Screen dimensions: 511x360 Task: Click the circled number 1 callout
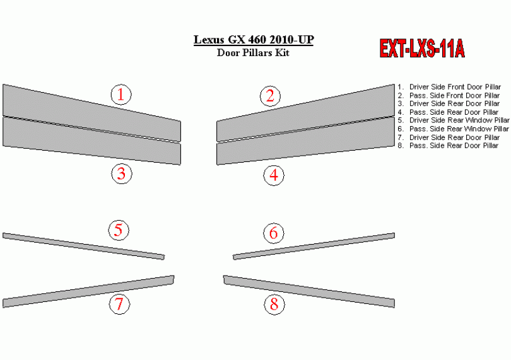pyautogui.click(x=121, y=95)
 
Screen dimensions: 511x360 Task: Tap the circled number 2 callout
pyautogui.click(x=270, y=96)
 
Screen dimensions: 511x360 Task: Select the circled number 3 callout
pyautogui.click(x=122, y=173)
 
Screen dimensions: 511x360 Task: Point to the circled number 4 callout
pyautogui.click(x=274, y=175)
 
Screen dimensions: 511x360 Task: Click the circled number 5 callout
pyautogui.click(x=119, y=230)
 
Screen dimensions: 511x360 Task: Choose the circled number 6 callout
pyautogui.click(x=274, y=233)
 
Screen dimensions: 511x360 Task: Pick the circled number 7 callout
pyautogui.click(x=120, y=305)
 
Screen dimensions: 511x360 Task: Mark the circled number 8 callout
pyautogui.click(x=274, y=305)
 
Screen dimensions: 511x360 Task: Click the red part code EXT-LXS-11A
pyautogui.click(x=422, y=49)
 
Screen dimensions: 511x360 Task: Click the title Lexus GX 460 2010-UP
pyautogui.click(x=254, y=40)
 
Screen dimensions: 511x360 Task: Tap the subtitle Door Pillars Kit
pyautogui.click(x=253, y=53)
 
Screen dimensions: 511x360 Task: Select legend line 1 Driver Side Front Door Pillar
pyautogui.click(x=449, y=87)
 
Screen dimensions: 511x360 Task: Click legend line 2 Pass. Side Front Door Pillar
pyautogui.click(x=449, y=95)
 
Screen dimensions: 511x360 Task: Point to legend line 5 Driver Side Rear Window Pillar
pyautogui.click(x=454, y=120)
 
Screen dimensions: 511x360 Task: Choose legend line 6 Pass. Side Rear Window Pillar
pyautogui.click(x=453, y=129)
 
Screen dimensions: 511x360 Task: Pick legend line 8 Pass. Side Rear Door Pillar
pyautogui.click(x=448, y=146)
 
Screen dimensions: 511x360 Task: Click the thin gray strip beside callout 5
pyautogui.click(x=83, y=247)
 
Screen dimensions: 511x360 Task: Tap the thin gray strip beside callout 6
pyautogui.click(x=314, y=247)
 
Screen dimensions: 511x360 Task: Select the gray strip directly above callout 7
pyautogui.click(x=88, y=291)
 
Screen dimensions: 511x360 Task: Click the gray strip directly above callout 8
pyautogui.click(x=309, y=291)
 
